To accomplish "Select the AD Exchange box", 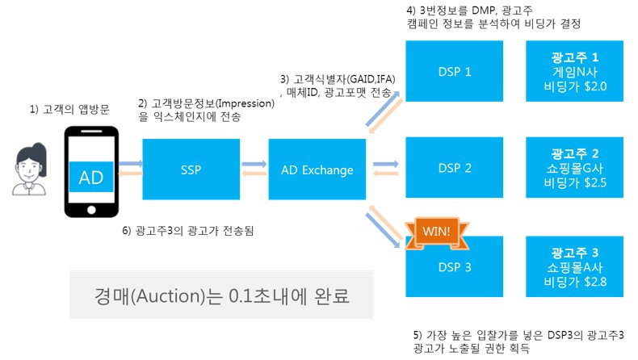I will (x=317, y=170).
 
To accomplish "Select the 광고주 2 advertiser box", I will (x=573, y=168).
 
